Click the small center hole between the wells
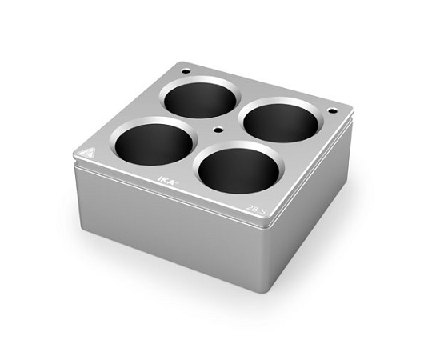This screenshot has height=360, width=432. click(x=216, y=130)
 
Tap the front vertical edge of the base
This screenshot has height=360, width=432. click(x=264, y=256)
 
